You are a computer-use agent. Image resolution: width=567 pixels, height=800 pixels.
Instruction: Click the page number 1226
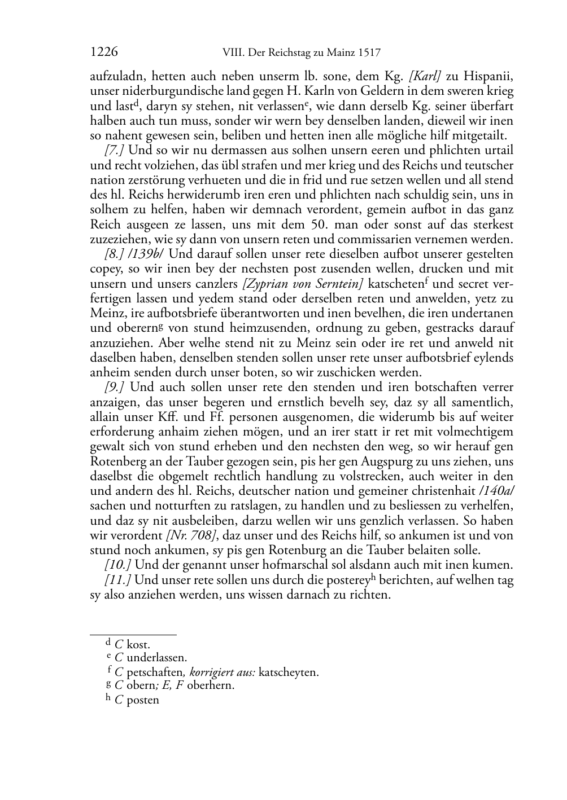[104, 52]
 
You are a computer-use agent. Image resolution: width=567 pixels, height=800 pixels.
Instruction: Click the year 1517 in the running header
[368, 53]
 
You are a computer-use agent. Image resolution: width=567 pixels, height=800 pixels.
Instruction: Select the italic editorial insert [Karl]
[424, 77]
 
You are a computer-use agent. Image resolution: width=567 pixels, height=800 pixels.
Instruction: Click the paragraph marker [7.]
[114, 151]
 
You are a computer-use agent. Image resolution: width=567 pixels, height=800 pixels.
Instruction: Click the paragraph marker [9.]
[114, 387]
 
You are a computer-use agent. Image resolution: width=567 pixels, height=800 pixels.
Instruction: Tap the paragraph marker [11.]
[117, 580]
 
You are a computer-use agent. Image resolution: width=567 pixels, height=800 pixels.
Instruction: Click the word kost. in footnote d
[138, 644]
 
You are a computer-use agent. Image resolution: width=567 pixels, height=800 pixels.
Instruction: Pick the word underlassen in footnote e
[156, 658]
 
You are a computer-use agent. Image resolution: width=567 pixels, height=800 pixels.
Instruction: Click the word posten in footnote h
[143, 700]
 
